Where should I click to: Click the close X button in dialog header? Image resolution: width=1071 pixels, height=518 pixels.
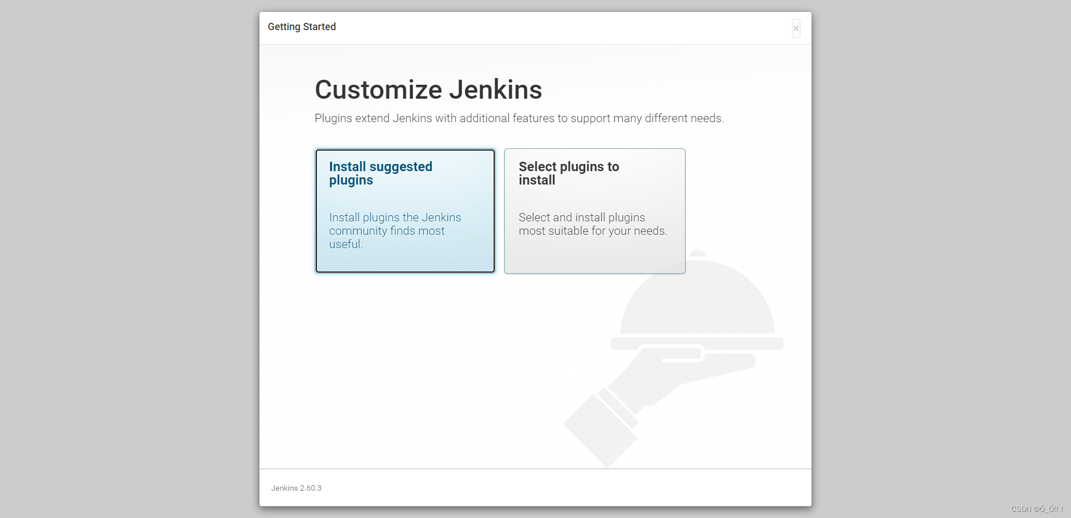click(x=796, y=28)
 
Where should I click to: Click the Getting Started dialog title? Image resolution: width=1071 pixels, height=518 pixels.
click(x=302, y=27)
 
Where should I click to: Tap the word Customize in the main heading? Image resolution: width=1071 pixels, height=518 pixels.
click(x=379, y=90)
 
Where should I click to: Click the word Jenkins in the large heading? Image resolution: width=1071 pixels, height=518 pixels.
click(x=496, y=90)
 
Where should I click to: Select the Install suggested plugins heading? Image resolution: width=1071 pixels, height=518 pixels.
click(x=380, y=173)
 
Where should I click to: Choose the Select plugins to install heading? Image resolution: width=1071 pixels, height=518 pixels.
click(x=569, y=173)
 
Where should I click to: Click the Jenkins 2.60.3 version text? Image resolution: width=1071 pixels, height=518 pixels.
click(x=296, y=488)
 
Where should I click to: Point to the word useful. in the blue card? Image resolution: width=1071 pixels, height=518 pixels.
click(x=346, y=244)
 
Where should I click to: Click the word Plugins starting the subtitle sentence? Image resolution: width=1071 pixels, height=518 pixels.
click(x=333, y=118)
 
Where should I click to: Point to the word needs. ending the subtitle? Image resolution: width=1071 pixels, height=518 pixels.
click(x=707, y=118)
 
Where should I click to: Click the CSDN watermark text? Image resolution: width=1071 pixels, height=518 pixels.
click(x=1037, y=509)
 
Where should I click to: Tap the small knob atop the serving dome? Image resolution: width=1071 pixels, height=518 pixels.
click(x=697, y=254)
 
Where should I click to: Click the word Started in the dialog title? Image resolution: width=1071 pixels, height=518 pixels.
click(x=319, y=27)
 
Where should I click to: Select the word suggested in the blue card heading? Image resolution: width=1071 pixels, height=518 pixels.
click(x=401, y=167)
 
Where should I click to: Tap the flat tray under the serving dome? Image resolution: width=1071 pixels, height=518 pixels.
click(x=697, y=343)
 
